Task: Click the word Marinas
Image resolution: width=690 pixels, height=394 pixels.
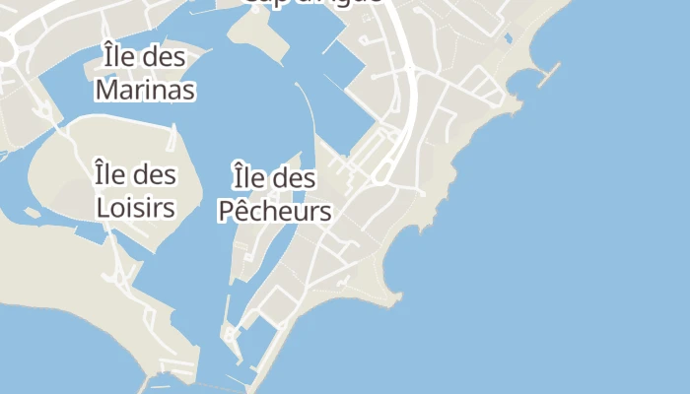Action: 145,91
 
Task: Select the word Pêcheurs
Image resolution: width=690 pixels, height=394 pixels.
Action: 274,211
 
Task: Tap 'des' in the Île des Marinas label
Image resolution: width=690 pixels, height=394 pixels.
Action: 165,57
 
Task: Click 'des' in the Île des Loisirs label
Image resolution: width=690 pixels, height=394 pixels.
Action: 156,175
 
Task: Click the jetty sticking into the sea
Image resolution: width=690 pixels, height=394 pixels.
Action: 550,74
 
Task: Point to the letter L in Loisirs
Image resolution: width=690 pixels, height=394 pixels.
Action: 103,208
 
